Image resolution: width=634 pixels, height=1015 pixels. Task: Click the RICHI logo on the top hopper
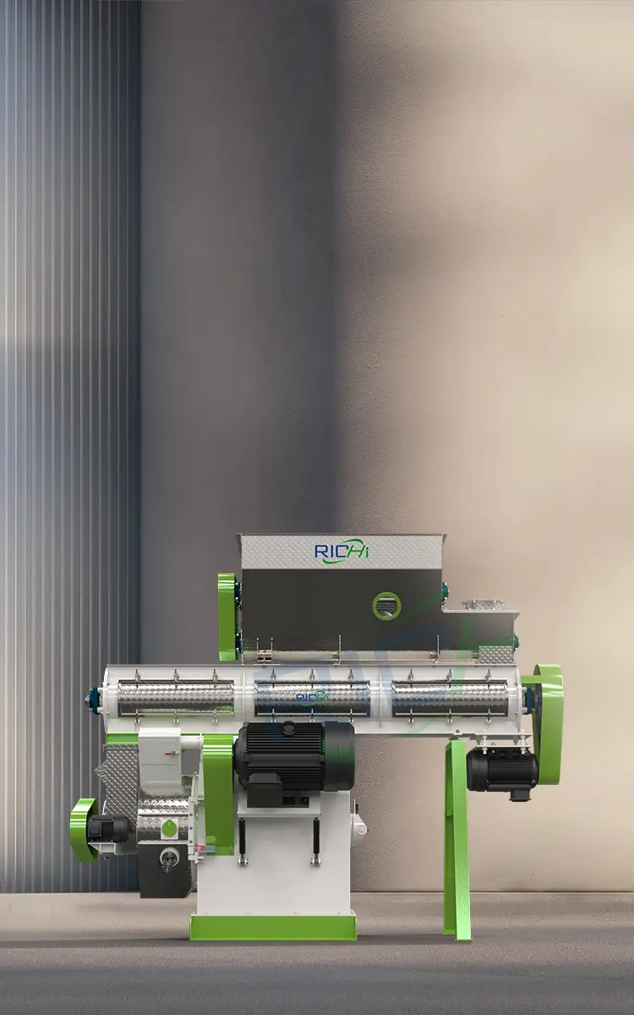click(342, 551)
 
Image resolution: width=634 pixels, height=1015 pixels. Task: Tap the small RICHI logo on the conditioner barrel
click(312, 697)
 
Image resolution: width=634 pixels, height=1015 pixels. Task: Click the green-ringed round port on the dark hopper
click(386, 606)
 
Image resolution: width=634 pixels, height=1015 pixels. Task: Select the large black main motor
click(294, 755)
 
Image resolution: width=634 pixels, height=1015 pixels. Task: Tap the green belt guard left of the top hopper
click(227, 617)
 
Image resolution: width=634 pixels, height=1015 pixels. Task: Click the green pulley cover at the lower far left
click(83, 829)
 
